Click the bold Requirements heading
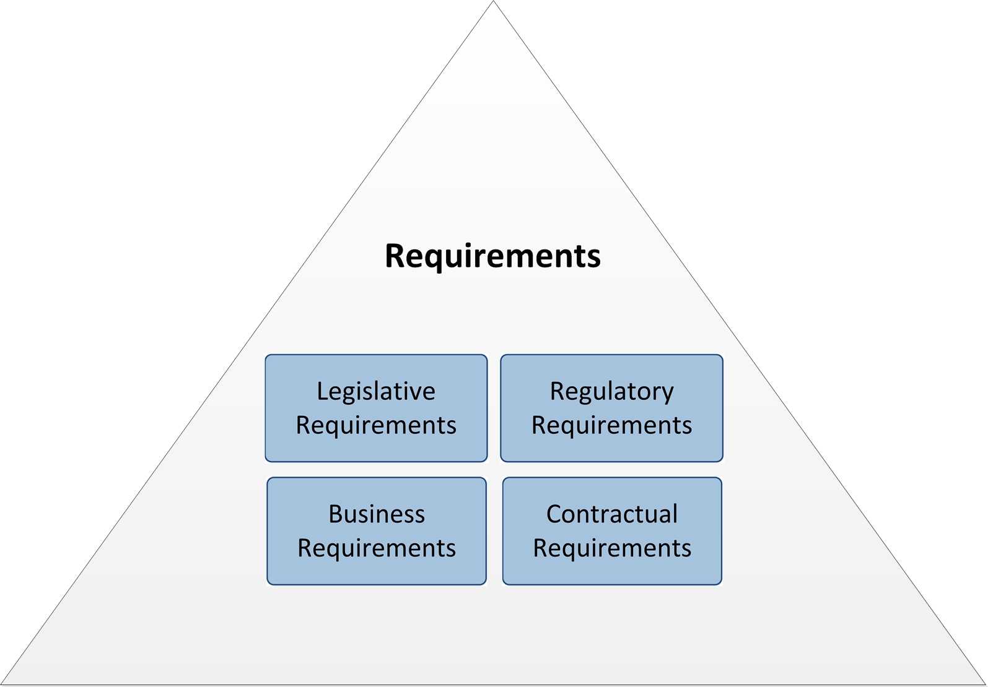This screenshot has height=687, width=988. [x=492, y=256]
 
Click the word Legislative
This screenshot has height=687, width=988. [x=376, y=391]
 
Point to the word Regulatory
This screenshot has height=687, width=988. [x=611, y=392]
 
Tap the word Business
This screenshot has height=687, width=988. [x=377, y=514]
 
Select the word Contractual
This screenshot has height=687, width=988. [x=612, y=514]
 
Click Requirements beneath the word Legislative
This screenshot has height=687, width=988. [x=376, y=425]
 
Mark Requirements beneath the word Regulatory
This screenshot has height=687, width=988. [x=611, y=425]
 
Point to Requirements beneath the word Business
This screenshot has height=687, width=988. [x=377, y=548]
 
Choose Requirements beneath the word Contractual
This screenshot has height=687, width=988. [x=612, y=548]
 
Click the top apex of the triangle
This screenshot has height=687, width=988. [x=494, y=2]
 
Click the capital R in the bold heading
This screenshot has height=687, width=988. [x=395, y=256]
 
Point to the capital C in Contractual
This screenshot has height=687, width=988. [x=554, y=514]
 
